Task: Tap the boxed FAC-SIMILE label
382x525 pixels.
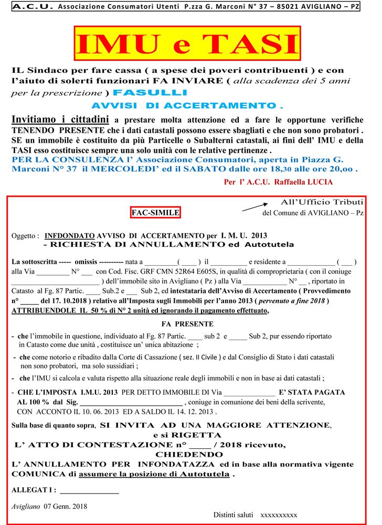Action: (x=155, y=212)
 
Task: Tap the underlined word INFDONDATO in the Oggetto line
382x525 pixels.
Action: (x=70, y=235)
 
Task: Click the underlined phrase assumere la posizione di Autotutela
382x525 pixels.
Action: (x=155, y=474)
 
